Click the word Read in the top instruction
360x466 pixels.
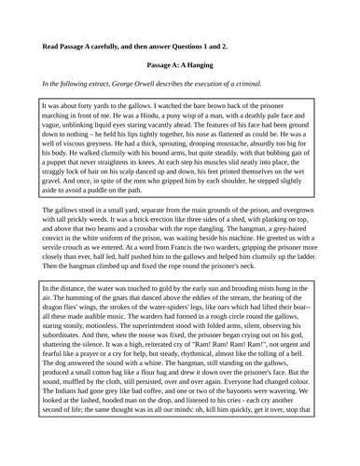click(52, 46)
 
